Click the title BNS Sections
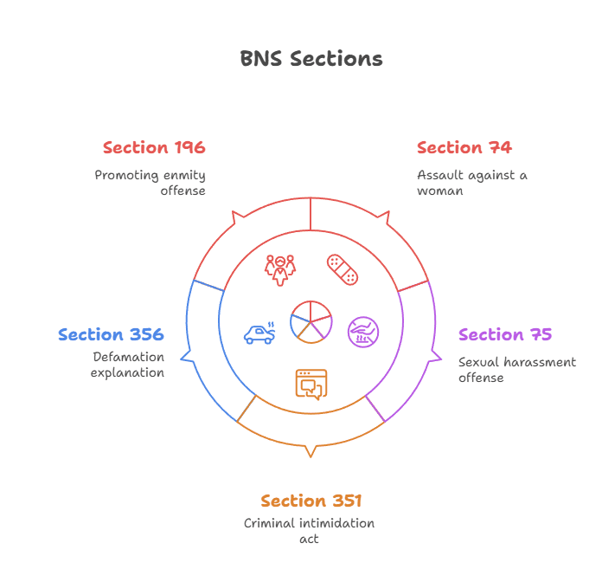pyautogui.click(x=311, y=59)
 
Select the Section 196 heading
pyautogui.click(x=154, y=147)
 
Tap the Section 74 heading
pyautogui.click(x=464, y=147)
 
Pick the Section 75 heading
pyautogui.click(x=505, y=334)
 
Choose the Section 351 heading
pyautogui.click(x=311, y=501)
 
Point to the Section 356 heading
pyautogui.click(x=111, y=334)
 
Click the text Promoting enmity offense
pyautogui.click(x=150, y=182)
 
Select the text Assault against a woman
pyautogui.click(x=471, y=182)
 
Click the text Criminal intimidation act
pyautogui.click(x=311, y=531)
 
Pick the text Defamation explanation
pyautogui.click(x=128, y=365)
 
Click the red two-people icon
pyautogui.click(x=279, y=269)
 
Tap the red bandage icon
pyautogui.click(x=342, y=269)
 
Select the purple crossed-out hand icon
pyautogui.click(x=362, y=332)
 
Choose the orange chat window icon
pyautogui.click(x=311, y=383)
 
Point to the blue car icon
pyautogui.click(x=259, y=333)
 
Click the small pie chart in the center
pyautogui.click(x=311, y=321)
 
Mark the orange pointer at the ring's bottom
pyautogui.click(x=311, y=450)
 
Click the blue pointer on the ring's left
pyautogui.click(x=183, y=355)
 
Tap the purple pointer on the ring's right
pyautogui.click(x=438, y=355)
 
